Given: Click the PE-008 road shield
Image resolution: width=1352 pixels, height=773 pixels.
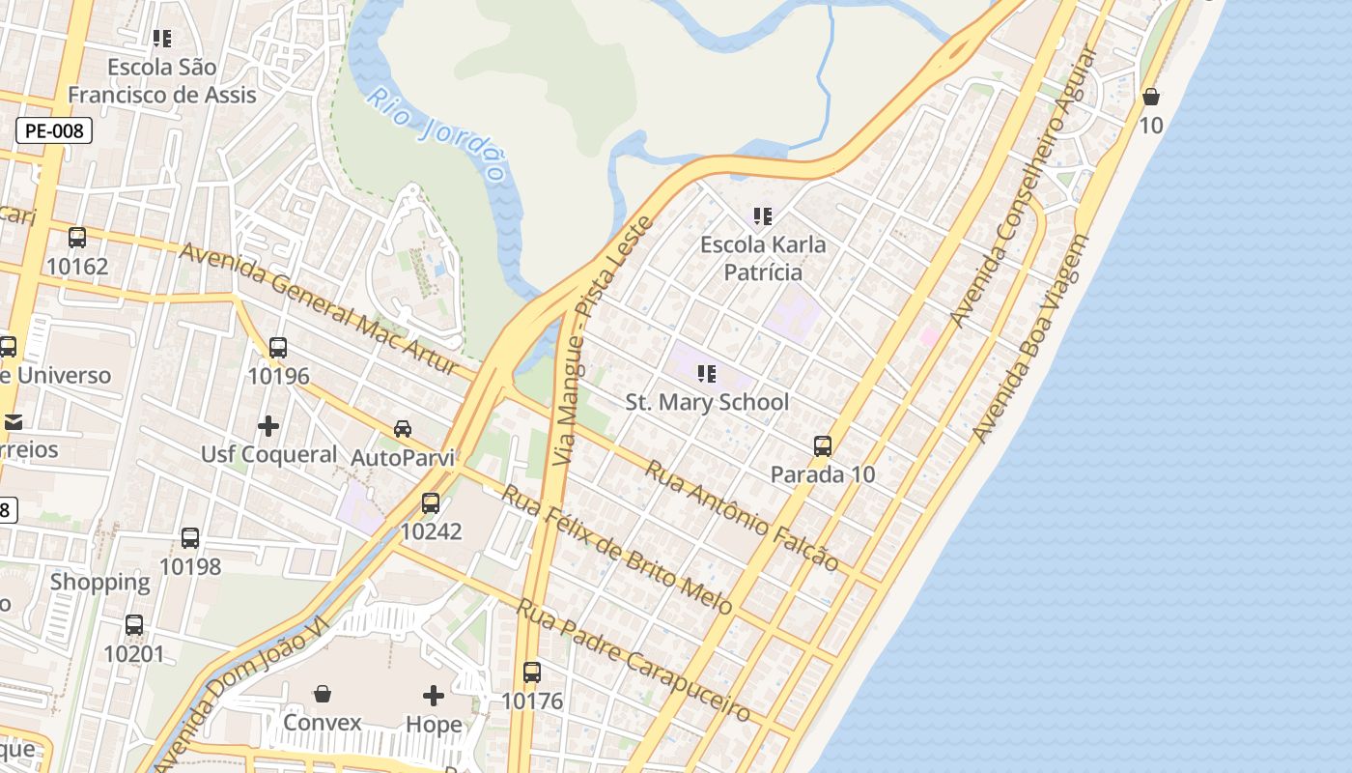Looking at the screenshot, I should pos(54,130).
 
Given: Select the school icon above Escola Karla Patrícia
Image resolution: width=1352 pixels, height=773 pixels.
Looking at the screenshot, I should pos(763,216).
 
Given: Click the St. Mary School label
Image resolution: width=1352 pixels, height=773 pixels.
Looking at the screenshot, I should pos(707,402).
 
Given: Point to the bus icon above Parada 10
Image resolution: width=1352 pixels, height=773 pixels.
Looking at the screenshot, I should pos(823,445).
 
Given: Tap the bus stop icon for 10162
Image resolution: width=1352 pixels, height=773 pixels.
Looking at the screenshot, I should pos(77,237).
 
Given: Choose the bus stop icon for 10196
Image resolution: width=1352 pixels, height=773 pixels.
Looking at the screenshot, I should pos(278,347).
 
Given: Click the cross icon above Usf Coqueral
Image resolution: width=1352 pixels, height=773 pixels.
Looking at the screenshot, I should pos(268,425).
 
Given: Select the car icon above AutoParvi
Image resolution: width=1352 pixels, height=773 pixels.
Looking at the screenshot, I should pos(403,428).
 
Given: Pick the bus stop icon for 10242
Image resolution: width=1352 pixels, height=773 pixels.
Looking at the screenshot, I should pos(431,502).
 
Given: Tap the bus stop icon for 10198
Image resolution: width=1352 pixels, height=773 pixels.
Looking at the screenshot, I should pos(190,538).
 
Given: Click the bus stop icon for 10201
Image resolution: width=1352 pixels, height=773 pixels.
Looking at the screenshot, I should pos(134,625).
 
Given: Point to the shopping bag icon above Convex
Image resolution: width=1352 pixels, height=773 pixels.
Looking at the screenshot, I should pos(323,694).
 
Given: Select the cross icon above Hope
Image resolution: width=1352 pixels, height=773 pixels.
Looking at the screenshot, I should pos(434,695).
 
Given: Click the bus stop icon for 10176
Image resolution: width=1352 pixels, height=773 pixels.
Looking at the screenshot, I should pos(531,672).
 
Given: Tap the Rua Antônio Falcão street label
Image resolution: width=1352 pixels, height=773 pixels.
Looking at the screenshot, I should pos(742,515).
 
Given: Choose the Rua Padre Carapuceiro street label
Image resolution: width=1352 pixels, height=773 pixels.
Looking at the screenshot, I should pos(633,660).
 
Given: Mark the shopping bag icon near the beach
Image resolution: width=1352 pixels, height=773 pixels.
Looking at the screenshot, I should pos(1150,97).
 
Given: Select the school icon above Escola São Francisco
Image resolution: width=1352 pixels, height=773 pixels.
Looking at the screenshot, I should pos(162,39).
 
